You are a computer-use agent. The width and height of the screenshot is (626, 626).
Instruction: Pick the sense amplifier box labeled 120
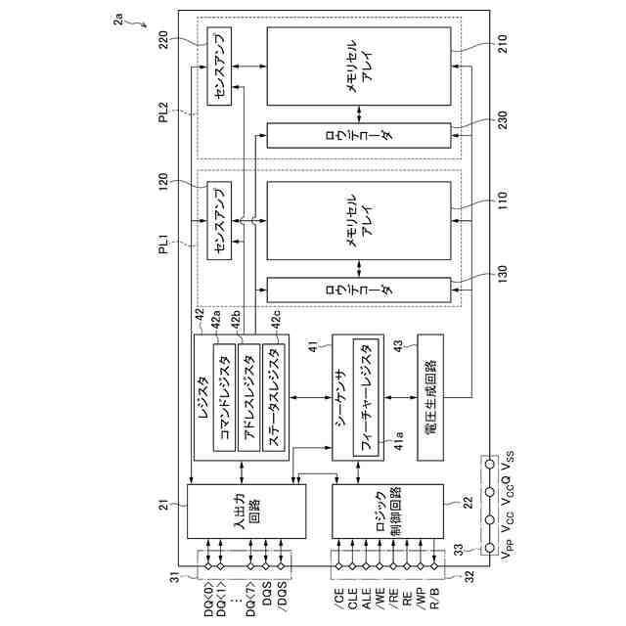tap(217, 223)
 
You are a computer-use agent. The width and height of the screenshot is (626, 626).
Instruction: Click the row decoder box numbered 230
tap(358, 135)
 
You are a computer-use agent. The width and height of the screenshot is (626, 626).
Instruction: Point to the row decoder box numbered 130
tap(358, 290)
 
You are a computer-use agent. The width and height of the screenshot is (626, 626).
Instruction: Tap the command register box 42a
tap(224, 396)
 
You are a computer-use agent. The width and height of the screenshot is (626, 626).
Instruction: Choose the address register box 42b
tap(248, 396)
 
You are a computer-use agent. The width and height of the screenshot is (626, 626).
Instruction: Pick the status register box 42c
tap(276, 396)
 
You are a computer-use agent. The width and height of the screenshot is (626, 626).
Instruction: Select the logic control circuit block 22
tap(386, 519)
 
